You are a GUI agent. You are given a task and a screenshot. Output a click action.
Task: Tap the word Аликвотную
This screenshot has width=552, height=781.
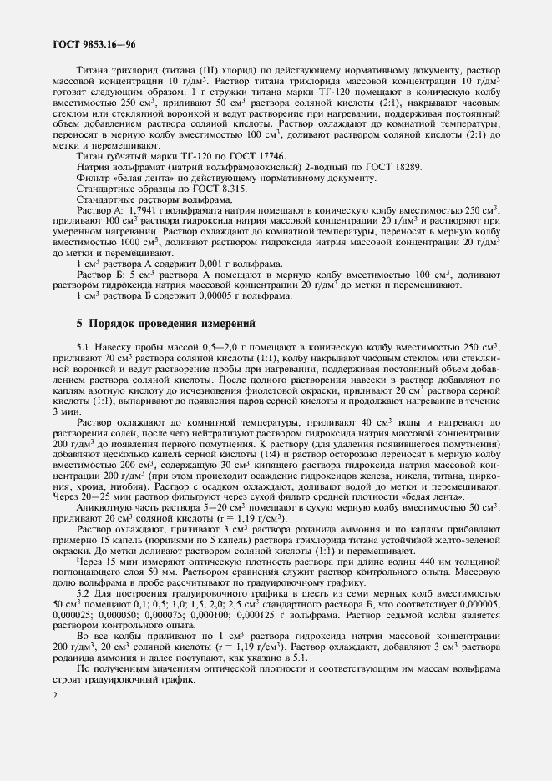click(x=105, y=486)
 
